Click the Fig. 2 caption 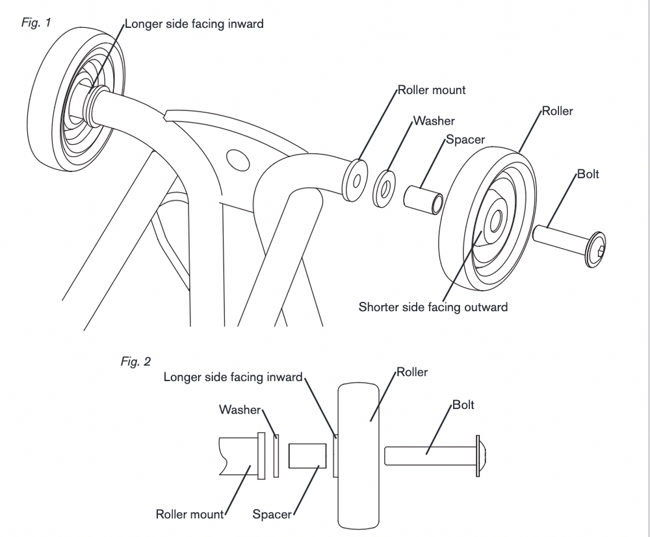pyautogui.click(x=135, y=362)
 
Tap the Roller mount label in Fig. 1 pyautogui.click(x=432, y=90)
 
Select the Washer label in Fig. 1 pyautogui.click(x=434, y=121)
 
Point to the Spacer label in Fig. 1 pyautogui.click(x=465, y=140)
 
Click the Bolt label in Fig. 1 pyautogui.click(x=588, y=174)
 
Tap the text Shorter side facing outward pyautogui.click(x=433, y=306)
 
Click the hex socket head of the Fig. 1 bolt pyautogui.click(x=598, y=247)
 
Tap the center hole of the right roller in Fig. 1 pyautogui.click(x=495, y=220)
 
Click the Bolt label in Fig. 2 pyautogui.click(x=463, y=405)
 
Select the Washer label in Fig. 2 pyautogui.click(x=239, y=410)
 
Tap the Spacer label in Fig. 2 pyautogui.click(x=272, y=515)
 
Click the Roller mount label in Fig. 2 pyautogui.click(x=189, y=515)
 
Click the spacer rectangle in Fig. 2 pyautogui.click(x=307, y=456)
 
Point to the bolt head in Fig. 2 pyautogui.click(x=483, y=455)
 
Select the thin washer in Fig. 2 pyautogui.click(x=276, y=456)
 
